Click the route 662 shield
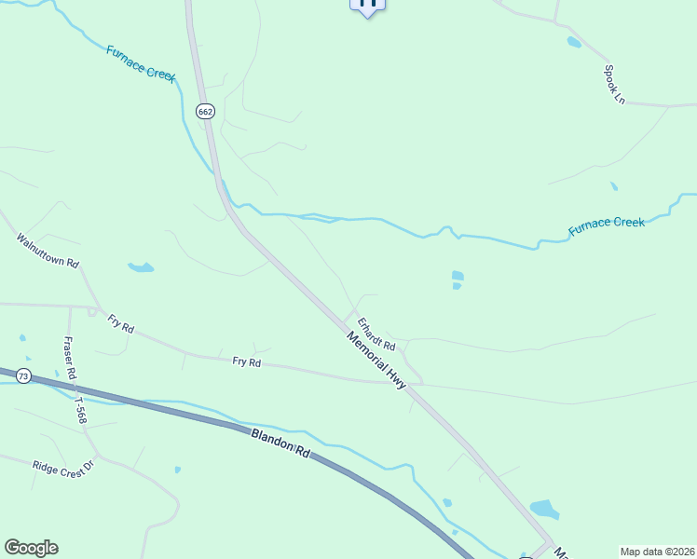[205, 111]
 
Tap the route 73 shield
[23, 376]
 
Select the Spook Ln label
[614, 84]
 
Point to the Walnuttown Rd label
[47, 250]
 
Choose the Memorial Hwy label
[376, 360]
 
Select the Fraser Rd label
[69, 358]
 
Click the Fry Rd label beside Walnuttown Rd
[121, 323]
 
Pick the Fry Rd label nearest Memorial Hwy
[246, 361]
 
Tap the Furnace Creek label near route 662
[141, 62]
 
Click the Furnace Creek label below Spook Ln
[607, 224]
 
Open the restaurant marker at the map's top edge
[367, 5]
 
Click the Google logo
[31, 548]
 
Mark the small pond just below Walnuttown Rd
[141, 267]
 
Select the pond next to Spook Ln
[574, 42]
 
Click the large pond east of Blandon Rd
[545, 509]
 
